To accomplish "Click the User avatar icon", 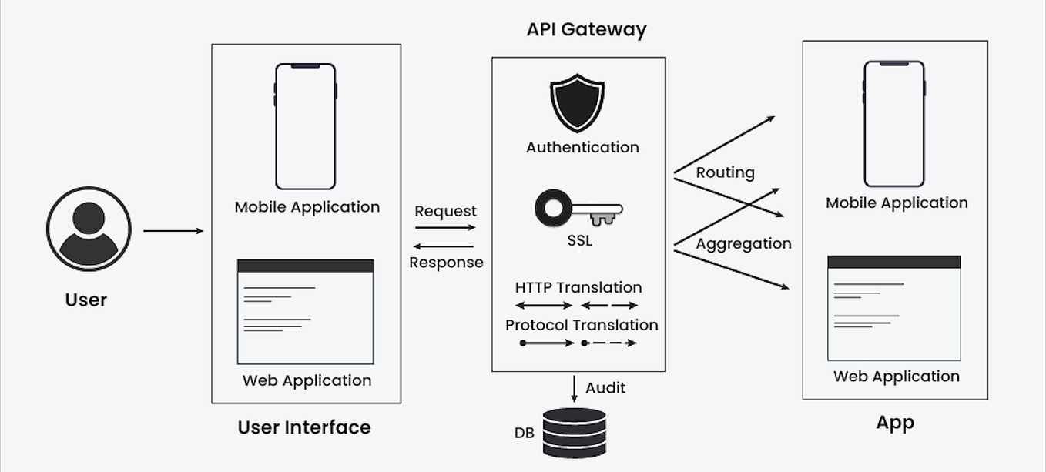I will (89, 229).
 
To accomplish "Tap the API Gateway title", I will (586, 30).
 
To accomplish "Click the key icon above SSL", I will (578, 209).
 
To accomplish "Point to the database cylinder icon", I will (574, 433).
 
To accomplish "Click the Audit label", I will (605, 388).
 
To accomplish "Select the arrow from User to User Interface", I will (173, 230).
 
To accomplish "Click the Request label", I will (445, 211).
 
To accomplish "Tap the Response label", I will (446, 263).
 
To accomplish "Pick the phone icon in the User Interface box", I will (305, 126).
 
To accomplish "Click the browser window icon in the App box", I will (893, 308).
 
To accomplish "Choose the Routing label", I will (725, 172).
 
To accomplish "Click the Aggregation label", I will (743, 244).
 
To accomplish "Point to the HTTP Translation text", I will (578, 287).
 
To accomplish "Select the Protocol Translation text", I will (582, 325).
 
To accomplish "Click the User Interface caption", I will (304, 427).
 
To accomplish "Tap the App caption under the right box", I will (894, 423).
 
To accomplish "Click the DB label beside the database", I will (524, 434).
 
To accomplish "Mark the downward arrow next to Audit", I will (574, 388).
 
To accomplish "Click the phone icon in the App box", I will (893, 124).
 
